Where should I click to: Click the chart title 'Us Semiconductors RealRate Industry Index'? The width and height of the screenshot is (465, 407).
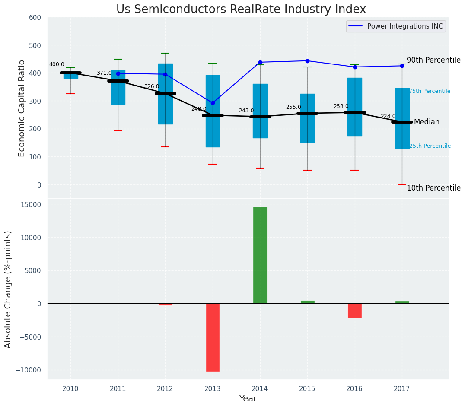[241, 10]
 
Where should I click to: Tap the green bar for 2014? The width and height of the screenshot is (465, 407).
[260, 255]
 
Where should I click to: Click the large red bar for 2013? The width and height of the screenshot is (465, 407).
[213, 337]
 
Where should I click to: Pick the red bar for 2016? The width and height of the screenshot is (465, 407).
[355, 310]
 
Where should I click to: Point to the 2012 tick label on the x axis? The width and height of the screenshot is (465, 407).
[165, 389]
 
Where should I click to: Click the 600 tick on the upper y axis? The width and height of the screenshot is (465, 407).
[35, 18]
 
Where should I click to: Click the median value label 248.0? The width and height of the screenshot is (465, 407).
[199, 109]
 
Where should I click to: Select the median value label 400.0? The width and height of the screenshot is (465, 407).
[57, 64]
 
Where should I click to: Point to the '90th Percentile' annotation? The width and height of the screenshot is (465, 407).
[433, 60]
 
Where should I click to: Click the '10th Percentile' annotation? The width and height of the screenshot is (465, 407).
[433, 188]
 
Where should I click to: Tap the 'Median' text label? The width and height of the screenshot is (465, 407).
[427, 122]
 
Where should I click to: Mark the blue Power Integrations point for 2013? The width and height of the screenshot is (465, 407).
[213, 103]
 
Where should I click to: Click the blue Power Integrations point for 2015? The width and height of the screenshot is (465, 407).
[307, 61]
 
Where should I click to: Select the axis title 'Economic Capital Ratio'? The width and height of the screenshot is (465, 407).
[22, 108]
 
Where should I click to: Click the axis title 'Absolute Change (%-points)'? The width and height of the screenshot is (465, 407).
[8, 289]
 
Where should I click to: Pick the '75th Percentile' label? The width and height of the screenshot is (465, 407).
[430, 91]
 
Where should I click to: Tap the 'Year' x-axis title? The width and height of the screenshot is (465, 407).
[248, 399]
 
